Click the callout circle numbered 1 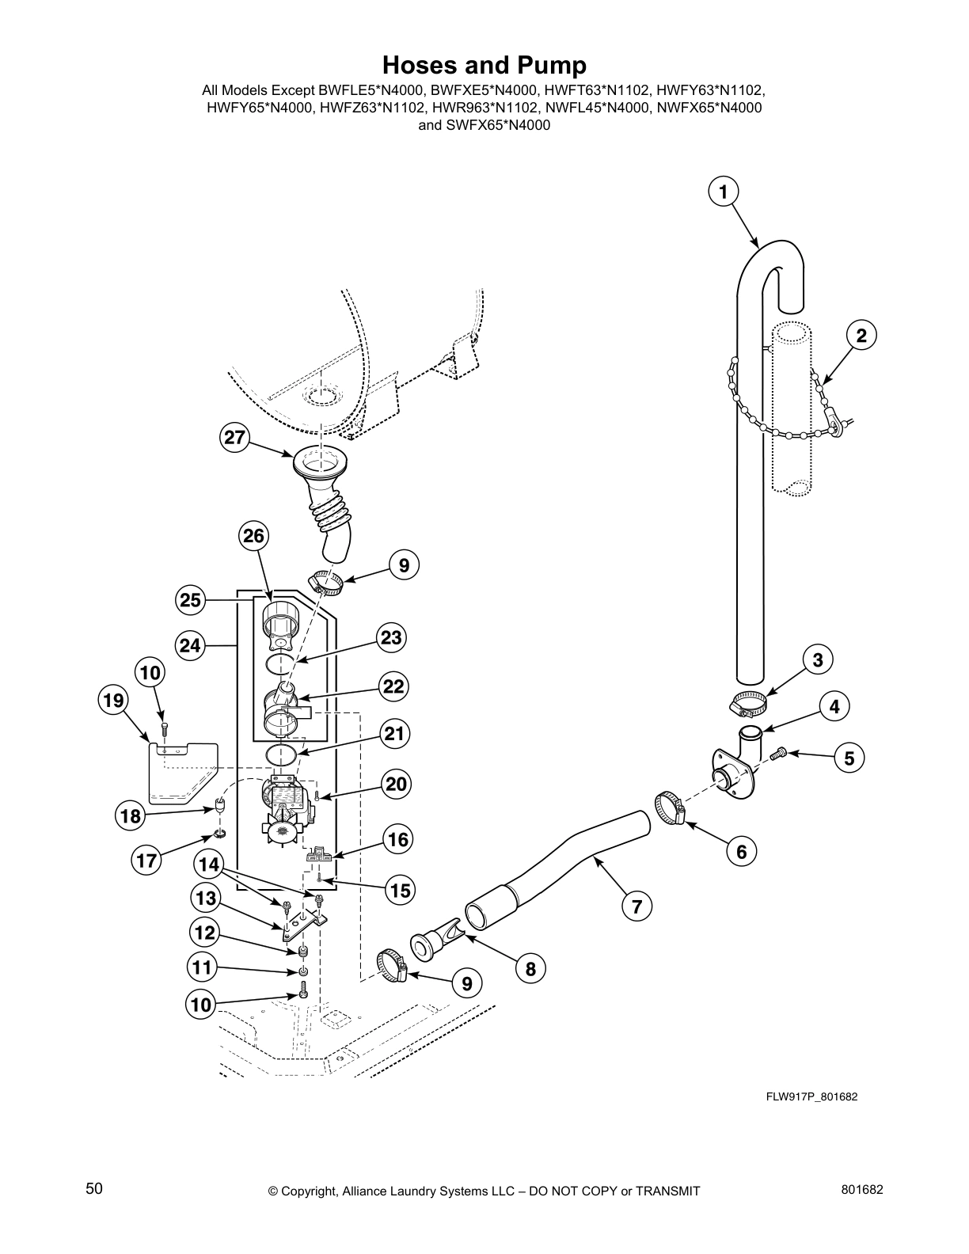coord(722,192)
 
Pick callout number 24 coord(190,646)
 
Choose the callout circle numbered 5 coord(849,758)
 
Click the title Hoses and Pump coord(484,65)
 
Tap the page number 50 coord(94,1188)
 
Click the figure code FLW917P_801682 coord(811,1096)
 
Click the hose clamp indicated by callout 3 coord(748,701)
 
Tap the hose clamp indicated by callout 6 coord(670,807)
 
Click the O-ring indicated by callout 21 coord(283,754)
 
